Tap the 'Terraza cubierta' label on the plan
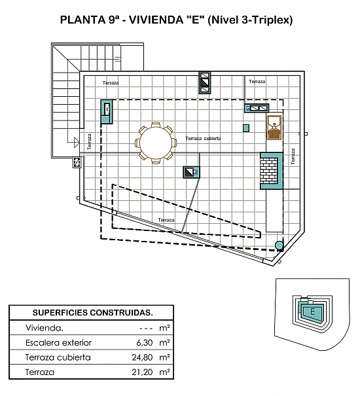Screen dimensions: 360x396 pyautogui.click(x=203, y=138)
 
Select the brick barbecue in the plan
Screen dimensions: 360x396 pyautogui.click(x=272, y=170)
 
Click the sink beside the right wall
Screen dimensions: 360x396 pyautogui.click(x=274, y=128)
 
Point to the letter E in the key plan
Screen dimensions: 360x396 pyautogui.click(x=312, y=312)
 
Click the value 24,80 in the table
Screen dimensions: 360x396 pyautogui.click(x=142, y=357)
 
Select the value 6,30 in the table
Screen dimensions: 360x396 pyautogui.click(x=145, y=343)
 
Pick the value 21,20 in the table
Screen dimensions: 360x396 pyautogui.click(x=142, y=372)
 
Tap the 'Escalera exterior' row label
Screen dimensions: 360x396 pyautogui.click(x=59, y=343)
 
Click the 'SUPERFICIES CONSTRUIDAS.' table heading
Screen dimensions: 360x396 pyautogui.click(x=93, y=313)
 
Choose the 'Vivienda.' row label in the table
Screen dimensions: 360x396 pyautogui.click(x=45, y=328)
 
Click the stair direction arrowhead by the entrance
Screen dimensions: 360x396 pyautogui.click(x=77, y=143)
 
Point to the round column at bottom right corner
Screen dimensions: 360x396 pyautogui.click(x=279, y=245)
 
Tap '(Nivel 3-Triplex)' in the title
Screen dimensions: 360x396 pyautogui.click(x=250, y=20)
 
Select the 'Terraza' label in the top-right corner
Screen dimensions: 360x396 pyautogui.click(x=257, y=81)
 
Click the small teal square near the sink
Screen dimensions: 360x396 pyautogui.click(x=246, y=128)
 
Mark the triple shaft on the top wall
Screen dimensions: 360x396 pyautogui.click(x=205, y=82)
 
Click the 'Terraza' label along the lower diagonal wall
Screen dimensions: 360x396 pyautogui.click(x=166, y=220)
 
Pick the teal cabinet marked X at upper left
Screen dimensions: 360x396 pyautogui.click(x=107, y=112)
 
